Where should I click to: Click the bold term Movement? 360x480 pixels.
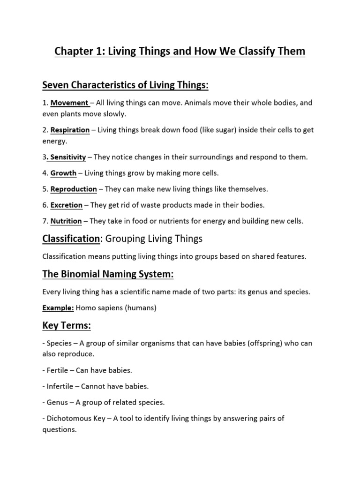pyautogui.click(x=69, y=103)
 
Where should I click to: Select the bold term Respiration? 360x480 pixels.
pyautogui.click(x=70, y=130)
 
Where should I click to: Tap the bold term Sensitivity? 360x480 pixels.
pyautogui.click(x=68, y=157)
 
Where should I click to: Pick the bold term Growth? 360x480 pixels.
pyautogui.click(x=63, y=173)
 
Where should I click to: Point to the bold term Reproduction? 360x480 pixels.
pyautogui.click(x=74, y=189)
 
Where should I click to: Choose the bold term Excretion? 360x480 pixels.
pyautogui.click(x=67, y=205)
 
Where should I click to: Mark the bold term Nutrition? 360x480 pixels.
pyautogui.click(x=66, y=221)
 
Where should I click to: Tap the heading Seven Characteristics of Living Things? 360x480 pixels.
pyautogui.click(x=125, y=85)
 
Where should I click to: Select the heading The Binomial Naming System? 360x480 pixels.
pyautogui.click(x=108, y=275)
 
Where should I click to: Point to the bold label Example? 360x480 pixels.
pyautogui.click(x=55, y=308)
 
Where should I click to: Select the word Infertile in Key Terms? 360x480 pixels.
pyautogui.click(x=61, y=386)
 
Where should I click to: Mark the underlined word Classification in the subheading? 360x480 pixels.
pyautogui.click(x=71, y=239)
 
